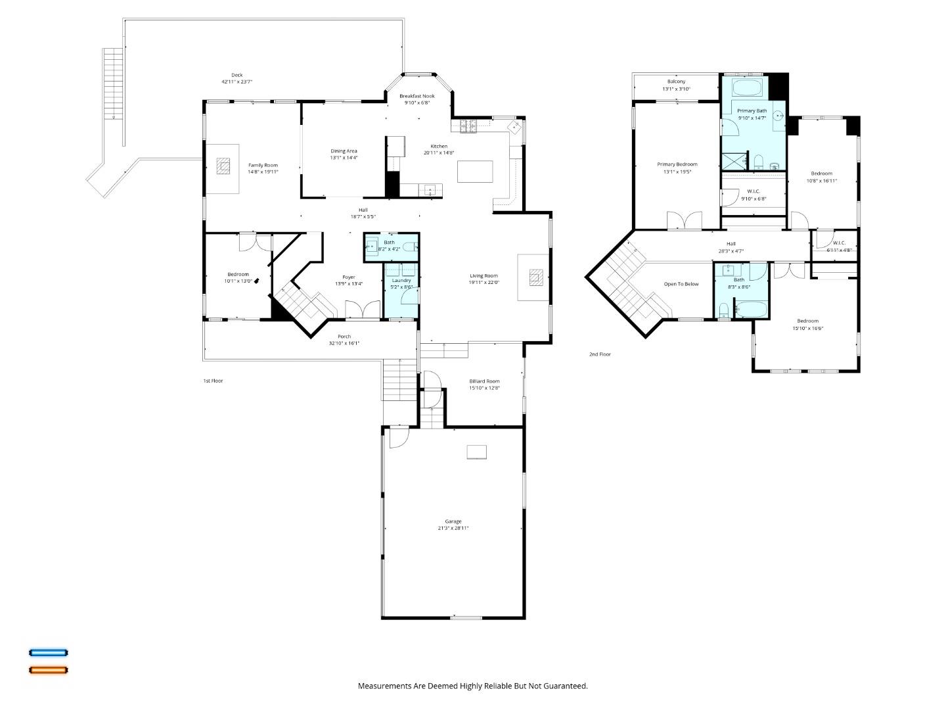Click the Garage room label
[453, 521]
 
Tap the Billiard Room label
[484, 381]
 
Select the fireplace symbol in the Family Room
[224, 166]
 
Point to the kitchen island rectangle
[475, 172]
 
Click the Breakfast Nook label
[417, 96]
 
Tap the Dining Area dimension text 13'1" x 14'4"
[344, 158]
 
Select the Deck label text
[236, 75]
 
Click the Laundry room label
[401, 280]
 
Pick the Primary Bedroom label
[677, 164]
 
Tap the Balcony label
[677, 82]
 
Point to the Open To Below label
[681, 284]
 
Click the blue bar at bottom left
[48, 653]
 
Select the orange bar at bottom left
[48, 670]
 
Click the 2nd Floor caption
[600, 354]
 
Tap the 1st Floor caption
[213, 381]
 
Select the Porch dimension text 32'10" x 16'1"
[344, 343]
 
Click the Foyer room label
[349, 277]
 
